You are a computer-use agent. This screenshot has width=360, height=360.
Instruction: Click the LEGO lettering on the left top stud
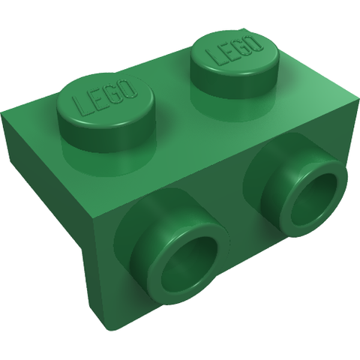click(104, 98)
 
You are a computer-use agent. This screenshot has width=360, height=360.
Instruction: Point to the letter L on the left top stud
click(80, 106)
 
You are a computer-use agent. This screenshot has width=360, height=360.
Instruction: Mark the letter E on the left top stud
click(97, 100)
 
